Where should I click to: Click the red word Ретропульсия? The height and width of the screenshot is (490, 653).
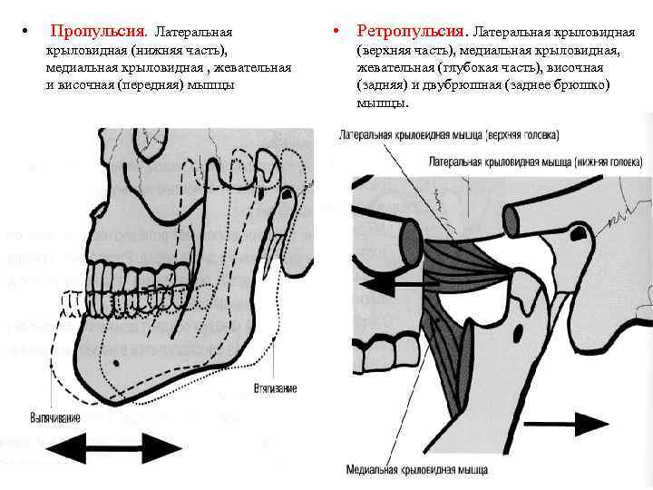(x=410, y=32)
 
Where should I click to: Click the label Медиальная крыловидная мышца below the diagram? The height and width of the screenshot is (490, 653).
(x=416, y=470)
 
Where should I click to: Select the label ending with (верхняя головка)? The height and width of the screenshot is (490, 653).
(x=449, y=134)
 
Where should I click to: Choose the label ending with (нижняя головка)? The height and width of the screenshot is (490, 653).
(x=539, y=162)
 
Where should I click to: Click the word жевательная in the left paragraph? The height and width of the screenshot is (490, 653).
(x=258, y=67)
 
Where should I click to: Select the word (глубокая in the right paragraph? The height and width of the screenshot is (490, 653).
(x=465, y=67)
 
